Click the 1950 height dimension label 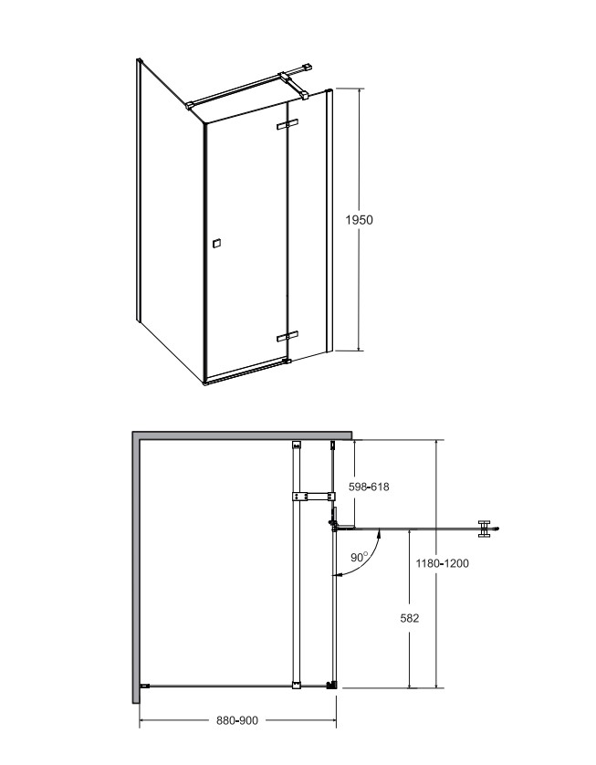click(x=359, y=220)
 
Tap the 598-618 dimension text click(x=370, y=487)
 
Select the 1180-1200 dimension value click(x=443, y=563)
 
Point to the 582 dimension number click(x=409, y=618)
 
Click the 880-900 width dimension click(x=237, y=720)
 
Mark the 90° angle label click(x=360, y=557)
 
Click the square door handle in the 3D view click(x=216, y=243)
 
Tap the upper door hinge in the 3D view click(x=288, y=124)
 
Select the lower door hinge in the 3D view click(x=288, y=337)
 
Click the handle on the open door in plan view click(x=484, y=529)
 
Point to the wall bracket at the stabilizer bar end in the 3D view click(x=307, y=68)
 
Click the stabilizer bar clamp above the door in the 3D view click(x=293, y=84)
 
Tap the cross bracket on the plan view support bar click(x=313, y=497)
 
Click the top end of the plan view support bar click(x=296, y=445)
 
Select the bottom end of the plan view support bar click(x=296, y=685)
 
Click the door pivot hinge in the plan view click(x=335, y=526)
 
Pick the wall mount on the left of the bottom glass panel click(x=144, y=686)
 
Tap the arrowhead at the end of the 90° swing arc click(x=336, y=576)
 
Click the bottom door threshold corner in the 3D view click(x=206, y=383)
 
